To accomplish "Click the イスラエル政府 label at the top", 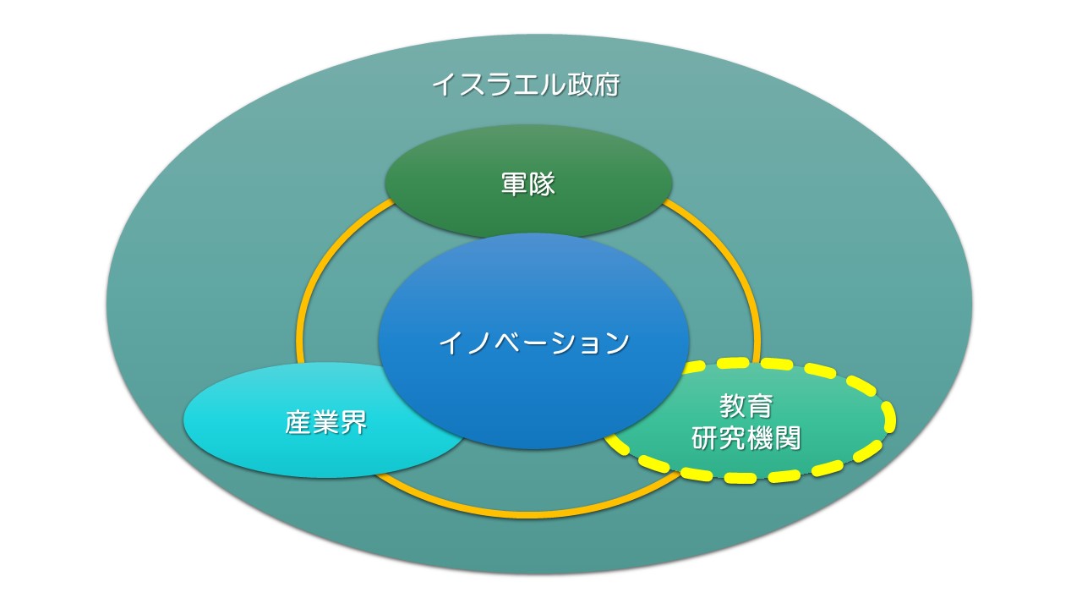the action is [x=526, y=85].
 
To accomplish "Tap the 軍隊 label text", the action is [x=528, y=184].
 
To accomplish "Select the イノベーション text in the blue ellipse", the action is [x=534, y=343].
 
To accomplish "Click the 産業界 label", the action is [x=325, y=422].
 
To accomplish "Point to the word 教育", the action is [x=746, y=405].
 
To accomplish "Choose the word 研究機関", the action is [x=746, y=438].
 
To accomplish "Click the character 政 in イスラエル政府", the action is [x=579, y=85].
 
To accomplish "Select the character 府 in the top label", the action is [x=607, y=85].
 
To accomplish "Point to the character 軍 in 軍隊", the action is [x=515, y=184].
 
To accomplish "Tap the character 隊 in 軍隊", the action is [x=542, y=184].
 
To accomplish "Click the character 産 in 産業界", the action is [x=298, y=422].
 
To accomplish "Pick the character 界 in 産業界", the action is [x=353, y=422].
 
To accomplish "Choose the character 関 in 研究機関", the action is [x=788, y=438].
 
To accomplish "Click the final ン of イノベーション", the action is [x=616, y=343].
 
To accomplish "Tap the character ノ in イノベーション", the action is [x=480, y=343].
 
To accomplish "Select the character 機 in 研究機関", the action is [x=760, y=438].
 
